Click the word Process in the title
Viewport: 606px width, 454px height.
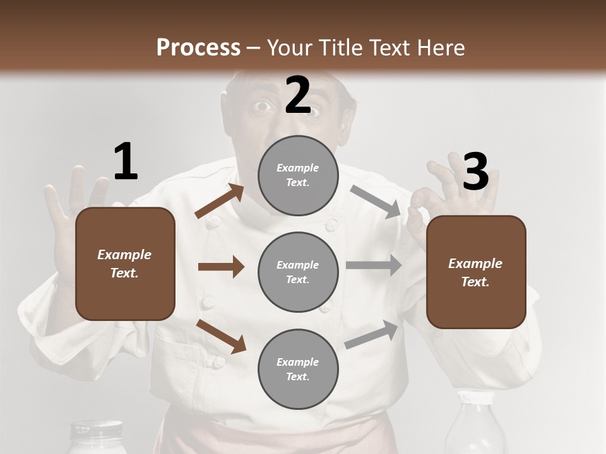198,47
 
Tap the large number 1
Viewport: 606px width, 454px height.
126,162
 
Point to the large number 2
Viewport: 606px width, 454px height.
298,95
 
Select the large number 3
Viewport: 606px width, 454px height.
475,172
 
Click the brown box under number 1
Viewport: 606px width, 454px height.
125,264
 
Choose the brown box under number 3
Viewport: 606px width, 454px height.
476,272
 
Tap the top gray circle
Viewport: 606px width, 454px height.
298,175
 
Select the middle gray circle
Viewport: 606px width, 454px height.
298,272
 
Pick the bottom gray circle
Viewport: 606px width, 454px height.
298,369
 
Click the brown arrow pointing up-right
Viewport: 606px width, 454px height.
220,201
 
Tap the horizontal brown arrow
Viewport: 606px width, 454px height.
221,267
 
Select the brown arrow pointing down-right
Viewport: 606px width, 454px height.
222,335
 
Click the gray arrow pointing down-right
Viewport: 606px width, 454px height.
376,201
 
